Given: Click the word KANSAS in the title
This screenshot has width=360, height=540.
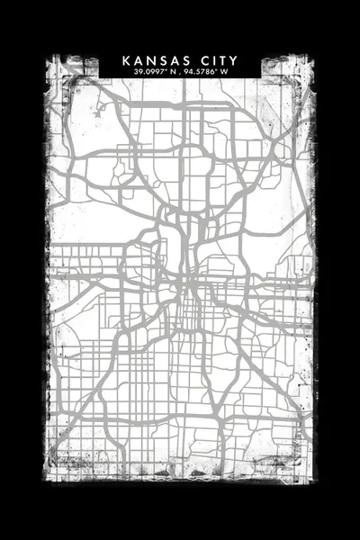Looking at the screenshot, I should tap(154, 60).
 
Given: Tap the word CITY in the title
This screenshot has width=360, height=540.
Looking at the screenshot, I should tap(220, 60).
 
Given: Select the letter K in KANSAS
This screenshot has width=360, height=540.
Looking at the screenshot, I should tap(126, 60).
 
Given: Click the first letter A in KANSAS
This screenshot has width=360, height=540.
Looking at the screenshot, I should tap(138, 60).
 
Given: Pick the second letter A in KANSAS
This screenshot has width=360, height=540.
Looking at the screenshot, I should tap(171, 60).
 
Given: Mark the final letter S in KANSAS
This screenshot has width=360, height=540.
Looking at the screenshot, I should tap(182, 60).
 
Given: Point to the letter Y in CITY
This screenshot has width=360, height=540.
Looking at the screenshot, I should tap(234, 60).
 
